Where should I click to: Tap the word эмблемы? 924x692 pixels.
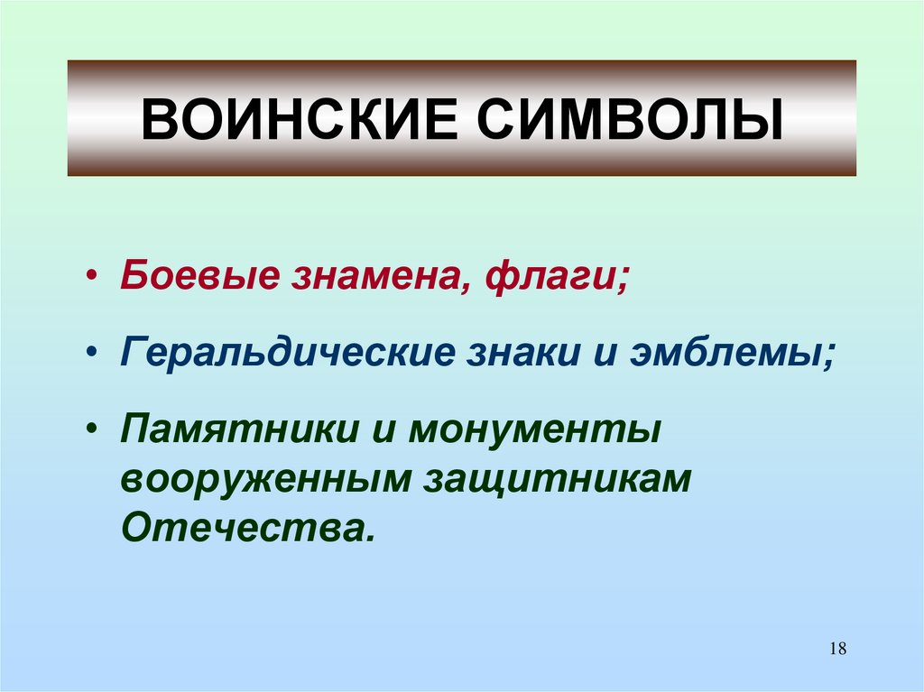(733, 353)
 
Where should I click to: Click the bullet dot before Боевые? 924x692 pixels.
(96, 275)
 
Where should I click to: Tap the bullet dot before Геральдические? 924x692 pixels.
(96, 353)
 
